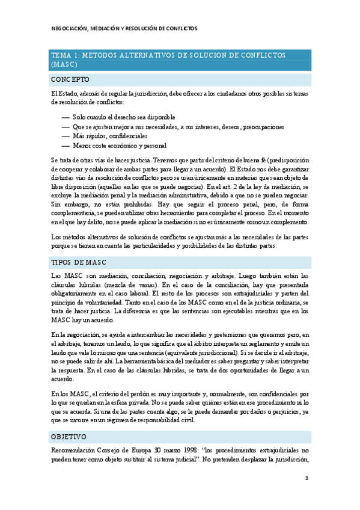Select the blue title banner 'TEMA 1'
(180, 59)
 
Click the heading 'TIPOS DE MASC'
(78, 262)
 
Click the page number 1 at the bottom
(307, 479)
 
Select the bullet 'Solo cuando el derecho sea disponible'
(124, 117)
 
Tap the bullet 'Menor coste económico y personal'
(120, 146)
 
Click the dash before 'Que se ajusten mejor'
(66, 127)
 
